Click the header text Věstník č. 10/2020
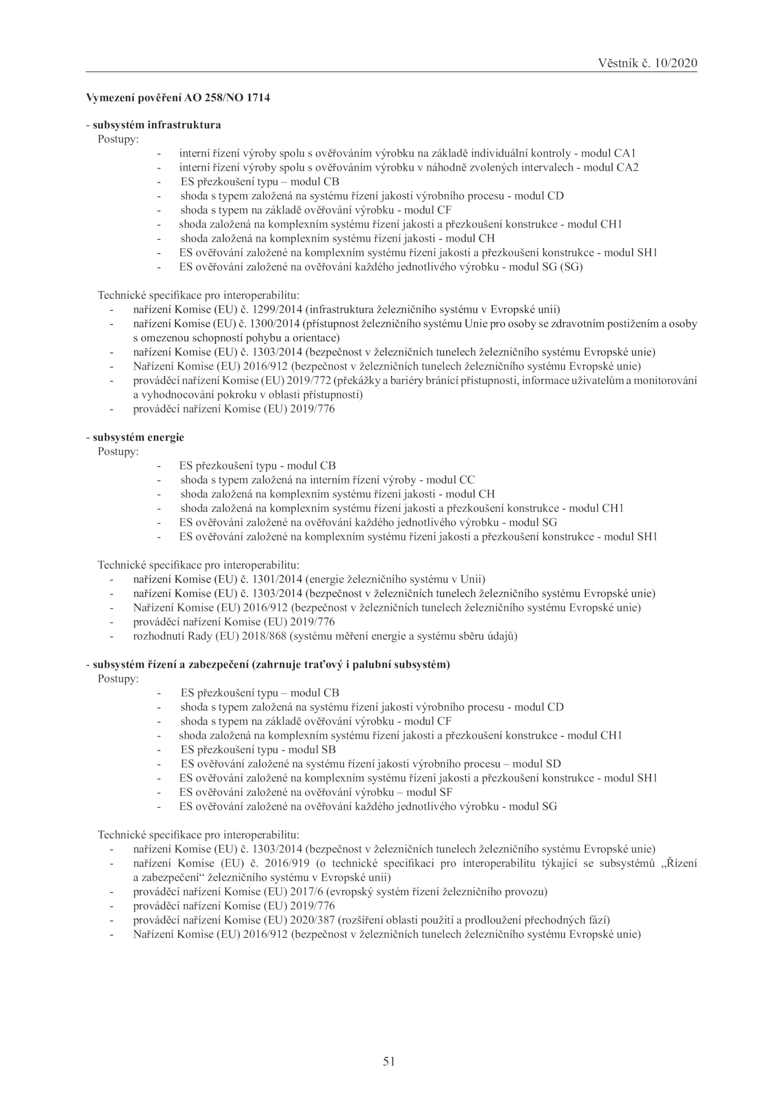click(x=647, y=63)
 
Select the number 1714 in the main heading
click(x=259, y=98)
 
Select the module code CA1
click(x=624, y=153)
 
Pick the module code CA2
click(x=627, y=167)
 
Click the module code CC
click(x=467, y=480)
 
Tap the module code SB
click(x=328, y=749)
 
